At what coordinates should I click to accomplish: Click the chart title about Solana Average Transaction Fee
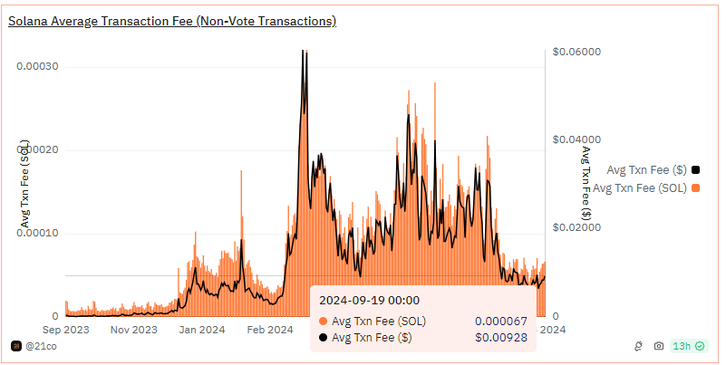coord(172,21)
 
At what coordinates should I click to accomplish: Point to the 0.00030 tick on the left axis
coord(37,67)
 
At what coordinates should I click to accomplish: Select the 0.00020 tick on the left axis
coord(37,150)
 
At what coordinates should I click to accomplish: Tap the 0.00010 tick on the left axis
coord(37,234)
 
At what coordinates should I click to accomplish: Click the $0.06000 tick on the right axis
coord(576,53)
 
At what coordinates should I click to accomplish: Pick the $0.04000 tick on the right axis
coord(576,140)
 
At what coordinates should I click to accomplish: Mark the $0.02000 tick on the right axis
coord(576,228)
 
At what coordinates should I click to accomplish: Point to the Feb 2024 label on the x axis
coord(269,331)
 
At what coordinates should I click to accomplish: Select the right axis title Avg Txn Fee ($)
coord(586,183)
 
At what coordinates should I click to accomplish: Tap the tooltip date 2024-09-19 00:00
coord(368,300)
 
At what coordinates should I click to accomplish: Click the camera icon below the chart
coord(659,346)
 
